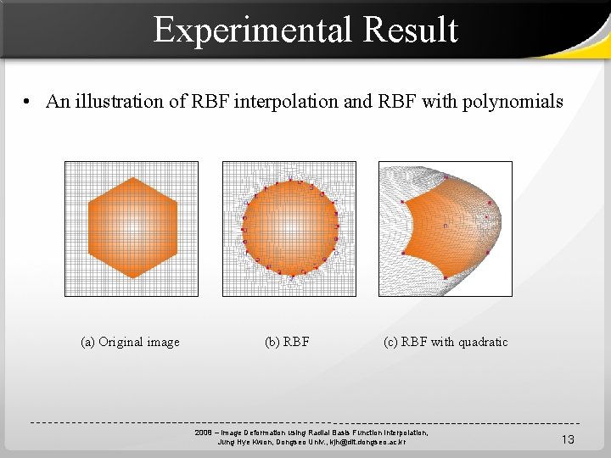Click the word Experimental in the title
253,31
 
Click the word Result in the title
410,31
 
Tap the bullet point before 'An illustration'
28,103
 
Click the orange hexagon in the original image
132,227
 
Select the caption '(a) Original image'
130,342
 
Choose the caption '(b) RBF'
287,342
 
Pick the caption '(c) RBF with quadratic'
446,342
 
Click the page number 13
568,438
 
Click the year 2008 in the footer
203,433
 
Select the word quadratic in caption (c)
483,342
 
